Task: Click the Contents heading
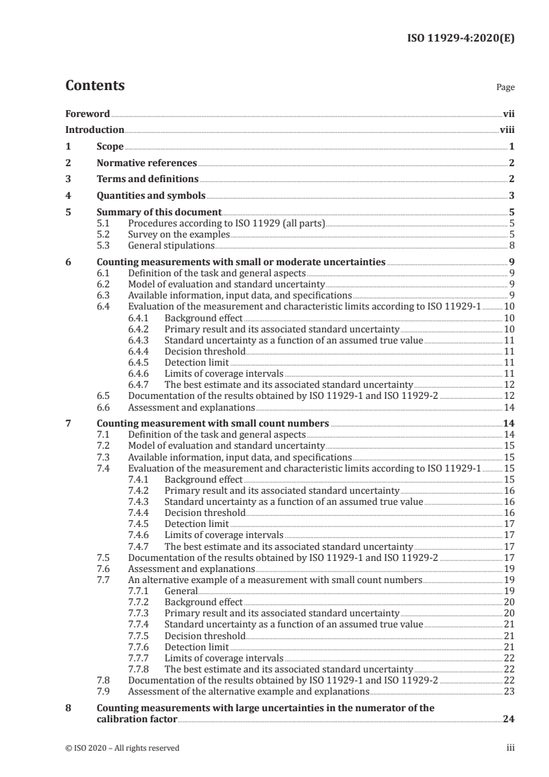coord(95,86)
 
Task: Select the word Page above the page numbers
coord(505,88)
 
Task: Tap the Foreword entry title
coord(87,114)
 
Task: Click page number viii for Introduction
coord(507,129)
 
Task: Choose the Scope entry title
coord(110,147)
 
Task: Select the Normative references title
coord(147,163)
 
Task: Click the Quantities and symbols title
coord(151,196)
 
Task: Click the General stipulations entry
coord(171,245)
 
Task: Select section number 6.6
coord(104,407)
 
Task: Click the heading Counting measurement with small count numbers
coord(213,423)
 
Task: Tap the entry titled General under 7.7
coord(181,591)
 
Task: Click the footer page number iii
coord(510,747)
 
